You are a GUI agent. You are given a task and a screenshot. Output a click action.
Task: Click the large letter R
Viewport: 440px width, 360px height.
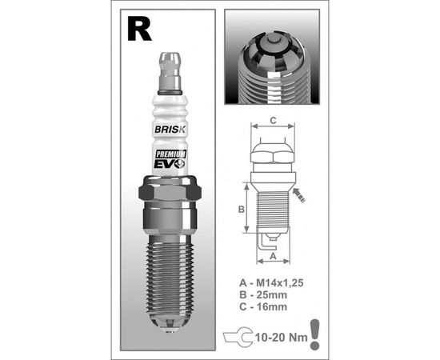[138, 30]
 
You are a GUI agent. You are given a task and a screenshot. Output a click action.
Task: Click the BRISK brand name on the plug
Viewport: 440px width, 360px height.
[170, 128]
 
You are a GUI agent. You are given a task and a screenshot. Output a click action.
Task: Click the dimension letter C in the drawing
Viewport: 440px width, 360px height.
[272, 121]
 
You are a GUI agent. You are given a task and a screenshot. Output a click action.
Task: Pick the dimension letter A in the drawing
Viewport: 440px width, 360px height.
[272, 257]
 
